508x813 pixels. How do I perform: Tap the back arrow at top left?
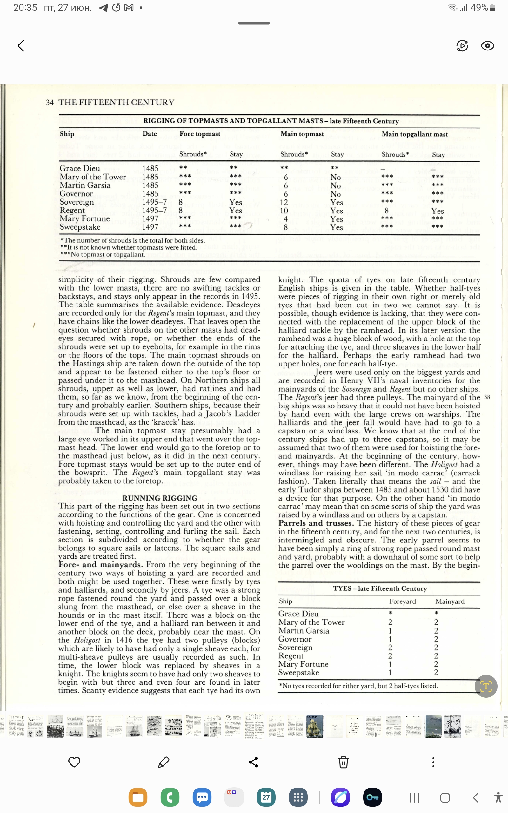[x=21, y=46]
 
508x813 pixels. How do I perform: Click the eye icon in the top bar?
[x=487, y=46]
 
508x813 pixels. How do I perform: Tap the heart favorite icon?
[x=74, y=762]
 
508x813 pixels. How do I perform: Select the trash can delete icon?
[x=343, y=762]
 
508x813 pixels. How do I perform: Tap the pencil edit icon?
[x=164, y=762]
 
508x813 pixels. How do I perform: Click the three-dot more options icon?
[x=433, y=762]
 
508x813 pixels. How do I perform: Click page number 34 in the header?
[x=50, y=103]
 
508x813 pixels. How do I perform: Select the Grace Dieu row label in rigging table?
[x=80, y=168]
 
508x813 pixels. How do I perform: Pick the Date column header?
[x=150, y=134]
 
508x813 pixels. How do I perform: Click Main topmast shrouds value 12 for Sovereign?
[x=284, y=202]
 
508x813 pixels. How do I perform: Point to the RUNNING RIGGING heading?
[x=160, y=498]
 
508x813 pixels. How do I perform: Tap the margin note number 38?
[x=487, y=397]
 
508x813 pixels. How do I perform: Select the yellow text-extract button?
[x=486, y=686]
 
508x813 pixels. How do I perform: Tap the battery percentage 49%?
[x=479, y=8]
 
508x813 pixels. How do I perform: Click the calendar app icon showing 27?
[x=266, y=797]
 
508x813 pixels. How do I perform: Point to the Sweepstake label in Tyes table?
[x=298, y=673]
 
